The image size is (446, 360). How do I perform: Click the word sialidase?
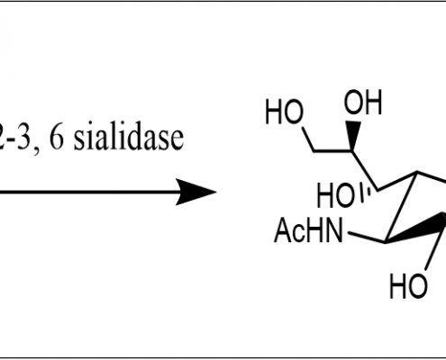129,139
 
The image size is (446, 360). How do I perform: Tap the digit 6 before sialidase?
57,139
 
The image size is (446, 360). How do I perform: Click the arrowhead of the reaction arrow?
196,192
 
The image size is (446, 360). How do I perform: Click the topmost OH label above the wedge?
363,102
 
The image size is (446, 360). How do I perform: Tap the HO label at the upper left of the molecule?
284,112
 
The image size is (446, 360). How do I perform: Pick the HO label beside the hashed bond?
335,195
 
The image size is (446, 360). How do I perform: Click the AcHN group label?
308,230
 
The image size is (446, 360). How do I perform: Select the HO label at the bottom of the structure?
408,286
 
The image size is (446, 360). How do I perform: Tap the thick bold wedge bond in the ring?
416,229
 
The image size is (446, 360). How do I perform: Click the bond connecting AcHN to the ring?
367,237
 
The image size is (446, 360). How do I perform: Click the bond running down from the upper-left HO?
308,139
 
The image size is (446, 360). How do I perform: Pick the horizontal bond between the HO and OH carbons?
332,150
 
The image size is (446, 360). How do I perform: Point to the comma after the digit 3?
36,150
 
